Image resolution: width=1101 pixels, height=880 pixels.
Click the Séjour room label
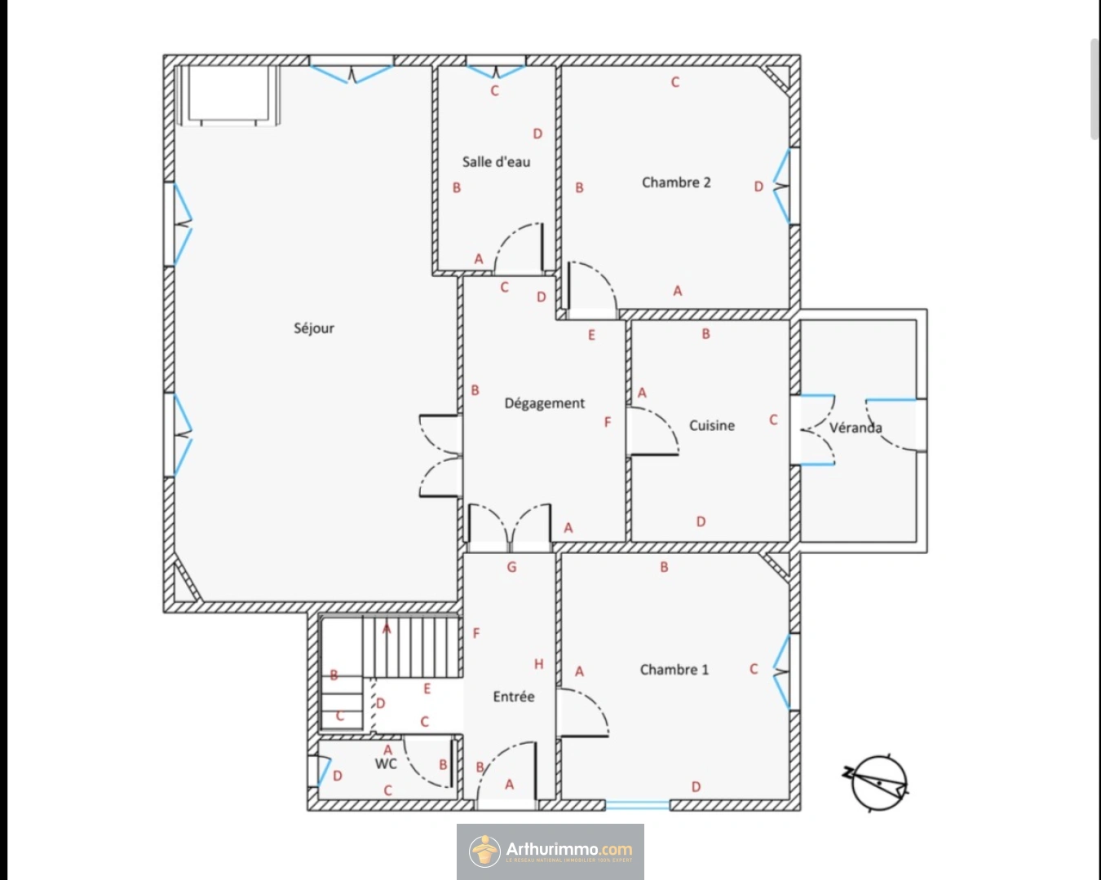[x=314, y=328]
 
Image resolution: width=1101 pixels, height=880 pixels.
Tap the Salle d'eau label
[x=496, y=162]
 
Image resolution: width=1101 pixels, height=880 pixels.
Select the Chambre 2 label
[x=676, y=183]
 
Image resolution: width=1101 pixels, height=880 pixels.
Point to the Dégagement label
[x=544, y=403]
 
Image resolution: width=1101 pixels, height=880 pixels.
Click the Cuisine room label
[x=712, y=425]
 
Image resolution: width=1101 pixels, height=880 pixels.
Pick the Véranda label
[x=856, y=427]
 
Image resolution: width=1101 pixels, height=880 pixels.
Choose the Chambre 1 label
[x=674, y=670]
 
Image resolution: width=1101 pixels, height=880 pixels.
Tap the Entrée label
[x=514, y=697]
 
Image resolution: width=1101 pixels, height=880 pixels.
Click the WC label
[x=386, y=763]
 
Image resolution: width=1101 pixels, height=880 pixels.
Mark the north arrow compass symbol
[x=877, y=781]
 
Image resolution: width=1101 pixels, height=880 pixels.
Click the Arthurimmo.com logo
[x=550, y=851]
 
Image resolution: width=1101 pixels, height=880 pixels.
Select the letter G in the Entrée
[x=512, y=567]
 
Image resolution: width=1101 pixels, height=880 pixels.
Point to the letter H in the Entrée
[x=538, y=664]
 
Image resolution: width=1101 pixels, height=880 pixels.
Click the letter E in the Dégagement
[x=591, y=335]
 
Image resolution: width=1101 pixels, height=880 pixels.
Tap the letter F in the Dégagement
[x=608, y=422]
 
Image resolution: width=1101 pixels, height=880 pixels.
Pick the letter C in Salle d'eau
[x=494, y=90]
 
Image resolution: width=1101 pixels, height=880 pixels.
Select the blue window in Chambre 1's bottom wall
[x=637, y=804]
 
